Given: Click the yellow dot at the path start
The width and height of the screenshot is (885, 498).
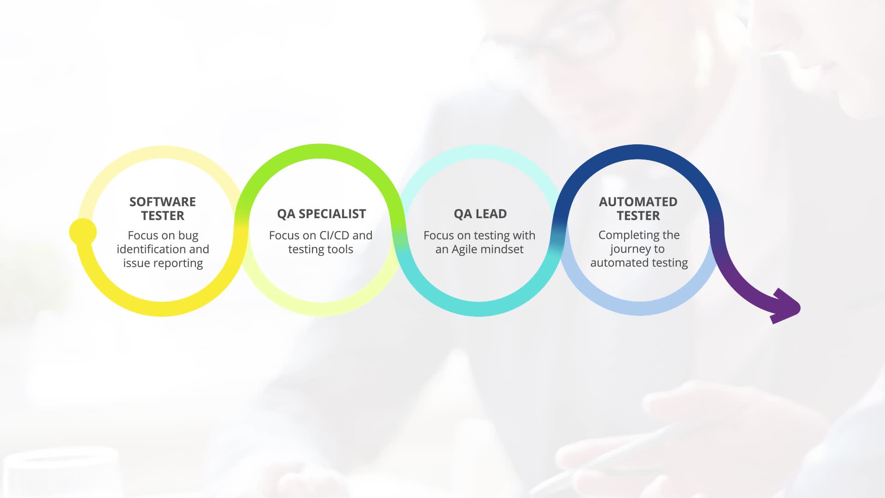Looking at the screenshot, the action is (83, 231).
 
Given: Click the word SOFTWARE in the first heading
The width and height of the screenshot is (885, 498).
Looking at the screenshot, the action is (163, 202).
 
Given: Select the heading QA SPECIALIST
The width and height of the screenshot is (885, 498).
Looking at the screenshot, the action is (321, 214).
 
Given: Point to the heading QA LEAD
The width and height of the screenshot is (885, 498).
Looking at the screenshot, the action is (480, 214).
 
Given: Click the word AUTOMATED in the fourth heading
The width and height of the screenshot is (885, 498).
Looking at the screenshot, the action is (638, 202).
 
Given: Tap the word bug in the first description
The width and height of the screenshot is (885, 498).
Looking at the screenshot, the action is (188, 236).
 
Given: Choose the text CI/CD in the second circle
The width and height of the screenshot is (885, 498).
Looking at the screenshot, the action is (334, 236).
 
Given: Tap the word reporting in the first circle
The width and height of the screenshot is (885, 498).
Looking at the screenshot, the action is (179, 264).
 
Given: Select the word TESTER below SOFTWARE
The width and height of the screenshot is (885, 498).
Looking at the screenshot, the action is (163, 216).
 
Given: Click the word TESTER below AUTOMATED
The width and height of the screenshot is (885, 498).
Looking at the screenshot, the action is (638, 216).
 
